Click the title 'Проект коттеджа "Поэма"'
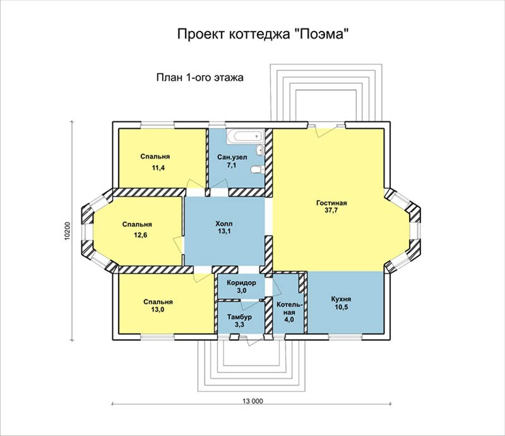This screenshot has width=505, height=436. point(263,34)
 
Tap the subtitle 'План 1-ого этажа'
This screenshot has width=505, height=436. point(199,78)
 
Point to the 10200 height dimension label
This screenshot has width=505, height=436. point(67,231)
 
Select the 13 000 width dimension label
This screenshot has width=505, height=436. point(253,401)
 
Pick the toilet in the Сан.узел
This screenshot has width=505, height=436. point(258,169)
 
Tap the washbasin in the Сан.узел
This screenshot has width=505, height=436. point(260,150)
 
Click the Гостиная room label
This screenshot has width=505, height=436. point(331,203)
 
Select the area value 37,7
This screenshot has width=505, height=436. point(331,210)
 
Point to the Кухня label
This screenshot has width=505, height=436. point(341,299)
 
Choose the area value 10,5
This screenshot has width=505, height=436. point(341,306)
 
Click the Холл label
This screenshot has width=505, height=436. point(224,224)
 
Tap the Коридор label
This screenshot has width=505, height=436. point(242,283)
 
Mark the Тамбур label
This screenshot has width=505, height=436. point(239,317)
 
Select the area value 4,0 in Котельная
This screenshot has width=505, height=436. point(289,320)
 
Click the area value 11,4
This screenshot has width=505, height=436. point(158,167)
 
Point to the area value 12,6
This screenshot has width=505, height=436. point(140,235)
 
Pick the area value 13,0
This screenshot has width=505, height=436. point(158,310)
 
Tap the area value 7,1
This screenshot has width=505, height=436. point(232,165)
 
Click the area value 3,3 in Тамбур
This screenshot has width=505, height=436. point(239,325)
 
